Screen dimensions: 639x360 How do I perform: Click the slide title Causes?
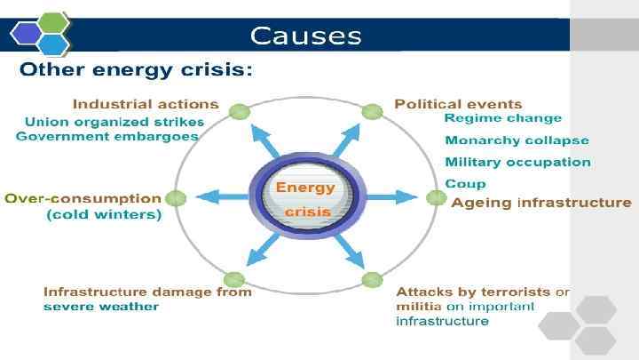pyautogui.click(x=305, y=36)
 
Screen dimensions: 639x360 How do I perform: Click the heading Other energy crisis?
pyautogui.click(x=136, y=70)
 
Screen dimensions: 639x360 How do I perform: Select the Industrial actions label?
pyautogui.click(x=146, y=104)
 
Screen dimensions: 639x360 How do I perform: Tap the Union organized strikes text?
pyautogui.click(x=114, y=121)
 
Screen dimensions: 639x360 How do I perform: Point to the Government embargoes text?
pyautogui.click(x=107, y=136)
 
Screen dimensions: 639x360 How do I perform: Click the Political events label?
pyautogui.click(x=458, y=104)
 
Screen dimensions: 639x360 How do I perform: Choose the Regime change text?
pyautogui.click(x=502, y=118)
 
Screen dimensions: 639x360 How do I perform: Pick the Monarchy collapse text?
pyautogui.click(x=517, y=140)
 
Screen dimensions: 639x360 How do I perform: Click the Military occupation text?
pyautogui.click(x=517, y=162)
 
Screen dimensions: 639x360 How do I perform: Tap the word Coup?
pyautogui.click(x=465, y=183)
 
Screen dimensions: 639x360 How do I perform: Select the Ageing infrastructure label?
pyautogui.click(x=541, y=203)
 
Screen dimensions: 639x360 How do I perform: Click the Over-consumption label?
pyautogui.click(x=83, y=198)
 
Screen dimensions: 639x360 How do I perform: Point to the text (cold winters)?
pyautogui.click(x=104, y=215)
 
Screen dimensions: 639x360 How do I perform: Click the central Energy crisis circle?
pyautogui.click(x=304, y=199)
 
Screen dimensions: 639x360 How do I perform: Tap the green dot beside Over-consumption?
pyautogui.click(x=176, y=198)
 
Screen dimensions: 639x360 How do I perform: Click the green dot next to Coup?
pyautogui.click(x=435, y=197)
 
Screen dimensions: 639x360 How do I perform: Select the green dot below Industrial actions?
pyautogui.click(x=238, y=112)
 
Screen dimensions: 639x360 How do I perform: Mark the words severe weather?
pyautogui.click(x=101, y=307)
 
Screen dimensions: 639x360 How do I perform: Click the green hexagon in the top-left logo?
pyautogui.click(x=53, y=22)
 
